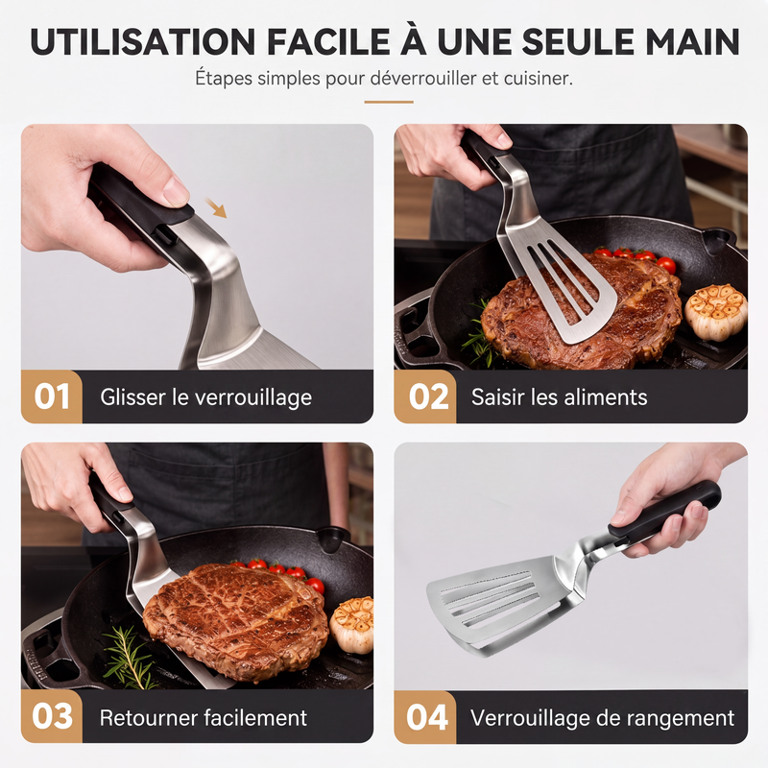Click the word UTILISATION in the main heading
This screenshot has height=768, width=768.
(142, 42)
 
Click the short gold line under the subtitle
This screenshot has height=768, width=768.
(389, 102)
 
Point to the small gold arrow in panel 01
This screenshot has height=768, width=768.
(215, 207)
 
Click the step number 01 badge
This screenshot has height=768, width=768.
(52, 396)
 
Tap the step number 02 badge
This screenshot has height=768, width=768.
(424, 396)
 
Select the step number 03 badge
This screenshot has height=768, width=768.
(52, 716)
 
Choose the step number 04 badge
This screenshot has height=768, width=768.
(424, 716)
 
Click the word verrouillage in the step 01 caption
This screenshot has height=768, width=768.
(253, 397)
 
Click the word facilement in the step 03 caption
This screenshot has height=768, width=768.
(255, 718)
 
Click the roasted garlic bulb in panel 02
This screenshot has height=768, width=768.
(715, 312)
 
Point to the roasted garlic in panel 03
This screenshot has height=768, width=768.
(351, 625)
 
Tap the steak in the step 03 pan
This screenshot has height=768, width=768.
(235, 621)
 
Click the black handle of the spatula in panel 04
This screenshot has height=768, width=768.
(664, 512)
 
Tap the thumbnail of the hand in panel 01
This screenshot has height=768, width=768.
(176, 192)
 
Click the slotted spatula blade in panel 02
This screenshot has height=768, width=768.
(564, 280)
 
